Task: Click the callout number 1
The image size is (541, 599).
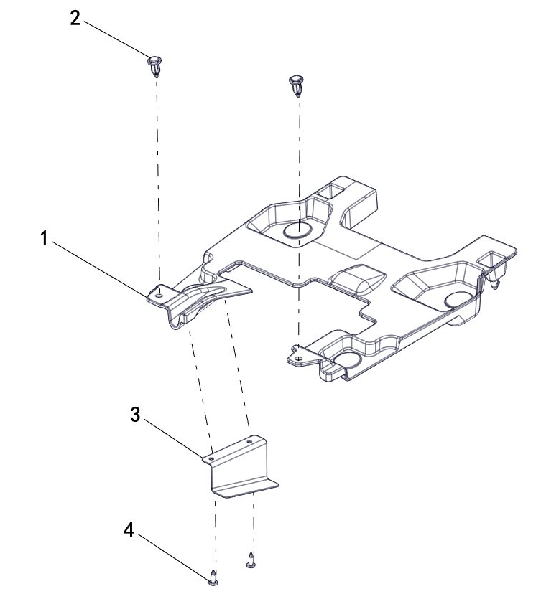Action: tap(45, 238)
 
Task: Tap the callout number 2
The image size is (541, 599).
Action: tap(75, 19)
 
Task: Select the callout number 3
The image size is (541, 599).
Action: tap(135, 415)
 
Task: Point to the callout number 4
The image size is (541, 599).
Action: tap(129, 530)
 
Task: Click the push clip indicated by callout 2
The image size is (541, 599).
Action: tap(154, 66)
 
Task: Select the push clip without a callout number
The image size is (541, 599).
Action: tap(296, 85)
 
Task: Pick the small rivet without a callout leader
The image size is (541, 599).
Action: tap(250, 560)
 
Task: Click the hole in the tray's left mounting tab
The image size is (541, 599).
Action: tap(159, 295)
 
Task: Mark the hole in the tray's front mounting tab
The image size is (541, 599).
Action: tap(299, 359)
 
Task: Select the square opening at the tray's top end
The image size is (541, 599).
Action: tap(331, 191)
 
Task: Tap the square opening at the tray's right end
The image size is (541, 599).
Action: tap(491, 258)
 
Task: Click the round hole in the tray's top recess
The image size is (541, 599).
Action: tap(297, 231)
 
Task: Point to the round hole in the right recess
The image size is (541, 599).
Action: tap(458, 301)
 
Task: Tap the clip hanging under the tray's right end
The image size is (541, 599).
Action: tap(496, 278)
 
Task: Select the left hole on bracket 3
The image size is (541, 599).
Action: tap(211, 457)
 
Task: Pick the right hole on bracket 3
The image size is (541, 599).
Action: tap(249, 442)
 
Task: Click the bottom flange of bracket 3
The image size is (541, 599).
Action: tap(246, 489)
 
